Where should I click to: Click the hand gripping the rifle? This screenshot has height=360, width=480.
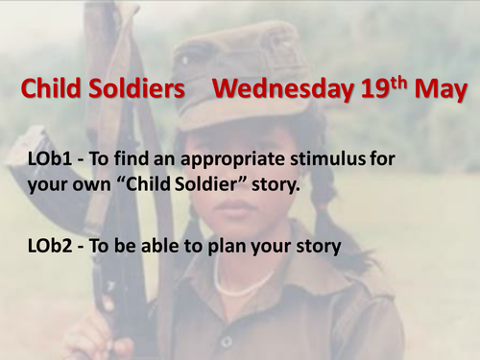click(96, 336)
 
